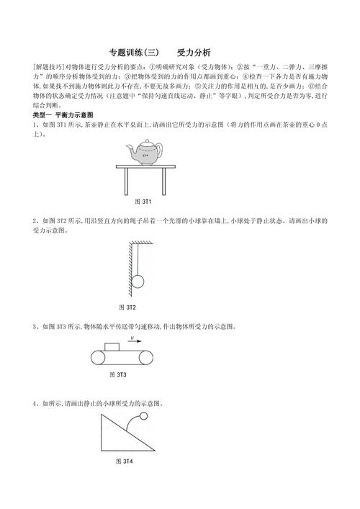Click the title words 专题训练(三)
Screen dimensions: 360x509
[x=133, y=53]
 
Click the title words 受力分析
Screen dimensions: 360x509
[x=194, y=53]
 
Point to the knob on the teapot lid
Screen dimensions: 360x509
[x=146, y=141]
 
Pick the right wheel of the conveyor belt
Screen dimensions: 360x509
[x=148, y=358]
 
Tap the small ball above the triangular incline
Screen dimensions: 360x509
[x=144, y=416]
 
